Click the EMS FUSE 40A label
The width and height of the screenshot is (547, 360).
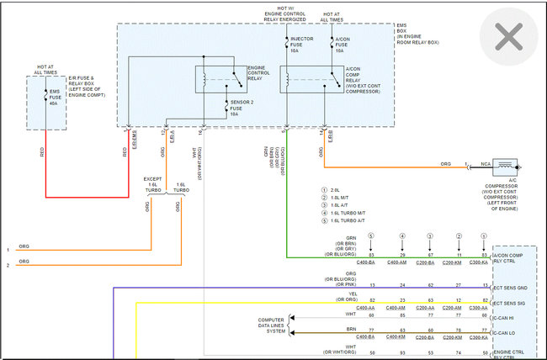click(55, 97)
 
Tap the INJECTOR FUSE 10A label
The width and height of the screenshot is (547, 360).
click(301, 45)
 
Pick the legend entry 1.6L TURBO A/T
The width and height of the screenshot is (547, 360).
click(350, 220)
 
